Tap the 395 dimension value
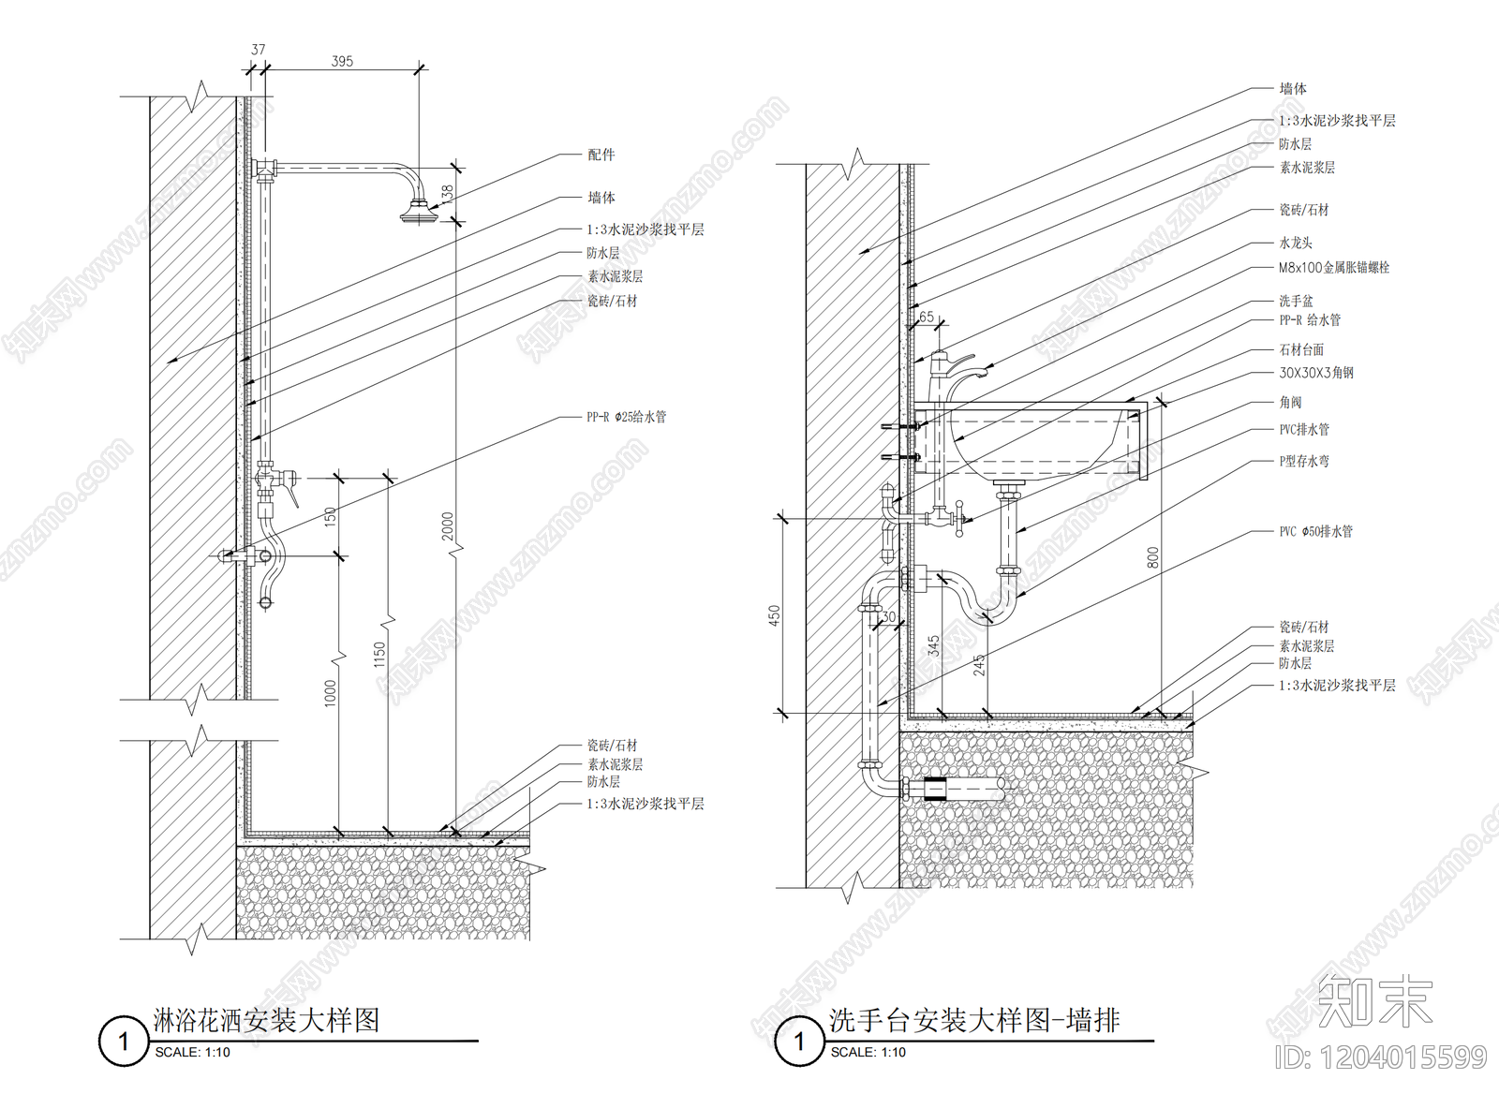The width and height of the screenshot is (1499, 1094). [342, 61]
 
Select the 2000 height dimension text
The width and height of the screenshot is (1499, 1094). [448, 525]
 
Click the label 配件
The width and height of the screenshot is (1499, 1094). [601, 155]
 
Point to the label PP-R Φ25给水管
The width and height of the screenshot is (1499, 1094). [626, 417]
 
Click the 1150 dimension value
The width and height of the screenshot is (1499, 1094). [379, 654]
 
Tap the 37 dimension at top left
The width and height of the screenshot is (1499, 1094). [258, 49]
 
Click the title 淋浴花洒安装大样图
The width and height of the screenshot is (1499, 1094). [267, 1020]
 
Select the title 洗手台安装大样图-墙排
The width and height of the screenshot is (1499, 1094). [974, 1020]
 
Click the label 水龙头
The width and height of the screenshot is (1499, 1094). [1296, 243]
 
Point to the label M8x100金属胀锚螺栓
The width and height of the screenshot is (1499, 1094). [1334, 268]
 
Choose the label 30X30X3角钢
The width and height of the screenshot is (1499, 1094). [1316, 373]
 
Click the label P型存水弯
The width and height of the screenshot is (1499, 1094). [1304, 461]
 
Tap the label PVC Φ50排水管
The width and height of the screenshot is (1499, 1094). [1315, 531]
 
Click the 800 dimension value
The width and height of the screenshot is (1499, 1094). [1152, 558]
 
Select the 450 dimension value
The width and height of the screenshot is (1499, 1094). [774, 615]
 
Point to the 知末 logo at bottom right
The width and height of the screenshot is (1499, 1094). [1375, 1000]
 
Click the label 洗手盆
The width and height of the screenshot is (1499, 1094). [1296, 301]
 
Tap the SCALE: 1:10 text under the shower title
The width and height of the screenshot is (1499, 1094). [192, 1052]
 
